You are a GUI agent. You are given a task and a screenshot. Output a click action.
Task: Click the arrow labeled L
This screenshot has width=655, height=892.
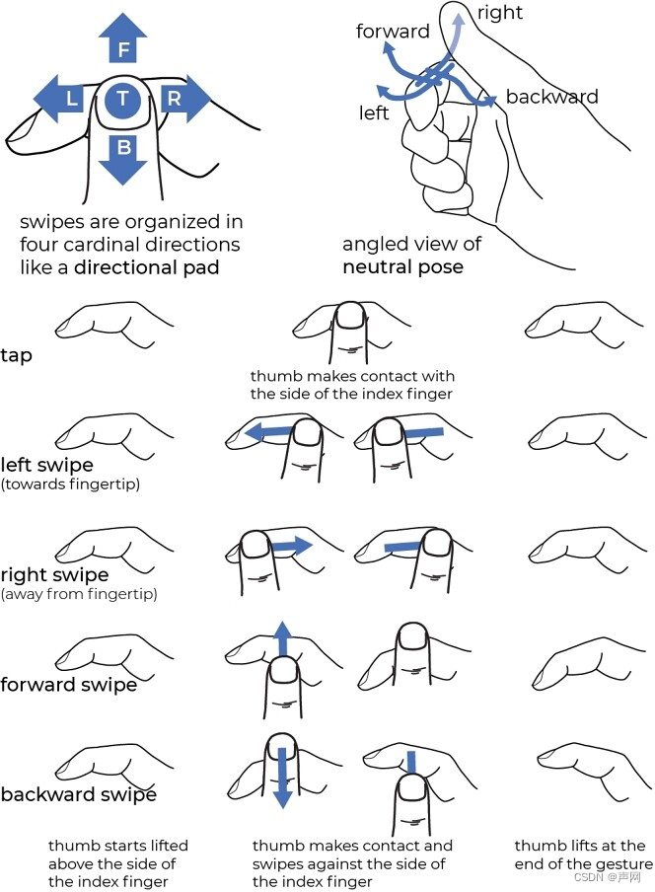coord(64,98)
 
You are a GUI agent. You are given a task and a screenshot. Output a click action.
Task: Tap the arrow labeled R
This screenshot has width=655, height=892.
coord(180,98)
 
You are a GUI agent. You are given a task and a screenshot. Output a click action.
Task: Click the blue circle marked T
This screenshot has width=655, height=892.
coord(122,98)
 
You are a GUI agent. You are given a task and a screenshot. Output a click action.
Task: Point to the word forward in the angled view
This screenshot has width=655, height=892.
coord(393,32)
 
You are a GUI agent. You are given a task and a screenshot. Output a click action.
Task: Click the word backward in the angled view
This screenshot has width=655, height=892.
coord(551,97)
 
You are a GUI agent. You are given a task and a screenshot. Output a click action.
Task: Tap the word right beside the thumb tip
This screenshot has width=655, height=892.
coord(500,13)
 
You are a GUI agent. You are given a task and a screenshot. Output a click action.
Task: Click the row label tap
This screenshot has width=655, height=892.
coord(17,355)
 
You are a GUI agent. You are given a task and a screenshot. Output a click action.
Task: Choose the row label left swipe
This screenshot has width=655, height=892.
coord(47,464)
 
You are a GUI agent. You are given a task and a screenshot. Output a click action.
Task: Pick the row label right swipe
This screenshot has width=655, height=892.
coord(54,574)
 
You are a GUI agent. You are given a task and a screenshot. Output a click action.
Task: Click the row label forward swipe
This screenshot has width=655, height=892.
coord(68,684)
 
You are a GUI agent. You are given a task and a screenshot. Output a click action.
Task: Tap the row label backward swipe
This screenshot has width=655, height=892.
coord(78,794)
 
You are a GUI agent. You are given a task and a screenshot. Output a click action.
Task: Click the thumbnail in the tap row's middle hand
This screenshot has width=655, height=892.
coord(349,316)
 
